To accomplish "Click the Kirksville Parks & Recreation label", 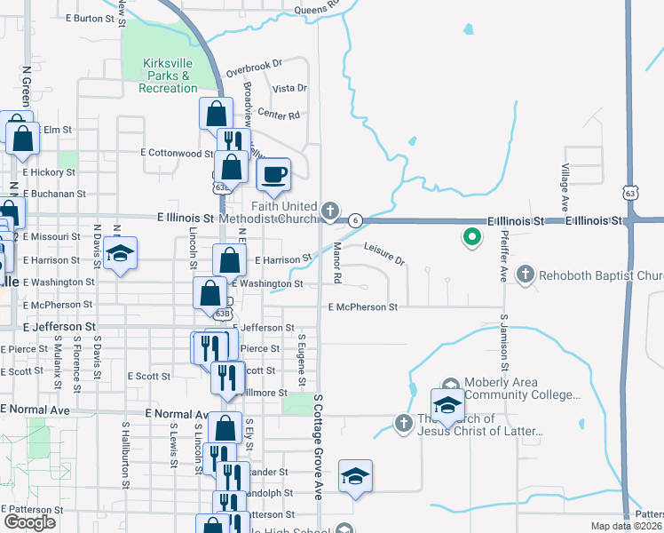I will coord(168,76).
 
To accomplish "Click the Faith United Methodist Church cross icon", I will coord(330,211).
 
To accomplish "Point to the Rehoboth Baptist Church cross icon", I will coord(526,274).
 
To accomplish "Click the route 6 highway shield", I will coord(355,219).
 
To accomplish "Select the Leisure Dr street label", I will coord(384,254).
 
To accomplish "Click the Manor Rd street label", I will coord(337,263).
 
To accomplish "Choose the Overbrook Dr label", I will coord(253,67).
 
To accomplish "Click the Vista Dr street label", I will coord(289,88).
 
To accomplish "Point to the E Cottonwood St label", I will coord(177,153).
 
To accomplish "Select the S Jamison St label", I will coord(503,342).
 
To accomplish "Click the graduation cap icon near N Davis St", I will coord(120,253).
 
